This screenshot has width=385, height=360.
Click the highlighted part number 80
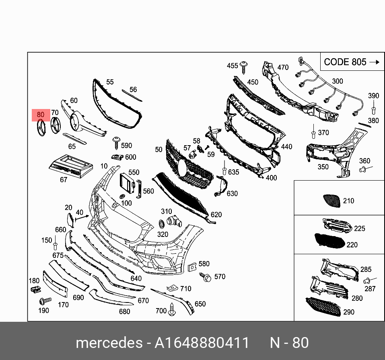41,115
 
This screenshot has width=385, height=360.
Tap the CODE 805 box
351,62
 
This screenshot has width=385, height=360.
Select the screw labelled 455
244,67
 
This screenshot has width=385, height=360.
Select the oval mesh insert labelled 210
332,200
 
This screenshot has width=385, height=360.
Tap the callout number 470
283,68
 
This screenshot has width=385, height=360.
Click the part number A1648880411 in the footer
202,343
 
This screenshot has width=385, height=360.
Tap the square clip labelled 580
192,266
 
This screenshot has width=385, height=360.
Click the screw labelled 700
173,309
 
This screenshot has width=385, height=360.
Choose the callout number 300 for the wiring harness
337,81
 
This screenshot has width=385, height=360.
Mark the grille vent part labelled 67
70,165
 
